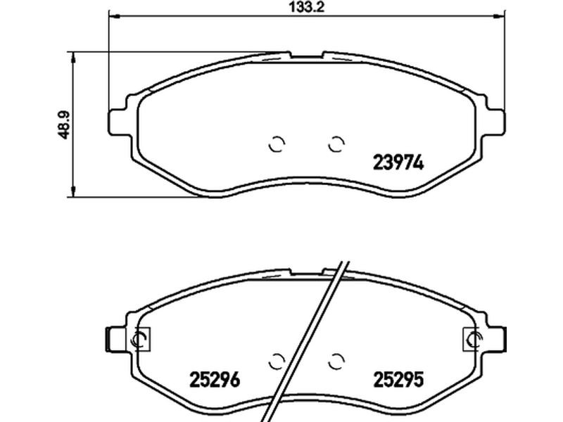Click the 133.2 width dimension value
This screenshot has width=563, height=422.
pos(306,7)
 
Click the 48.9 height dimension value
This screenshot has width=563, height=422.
pos(65,124)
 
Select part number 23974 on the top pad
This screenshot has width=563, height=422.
pos(398,163)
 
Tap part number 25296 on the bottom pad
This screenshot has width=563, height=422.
pos(215,380)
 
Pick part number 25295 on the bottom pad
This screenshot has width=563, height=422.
pos(398,380)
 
